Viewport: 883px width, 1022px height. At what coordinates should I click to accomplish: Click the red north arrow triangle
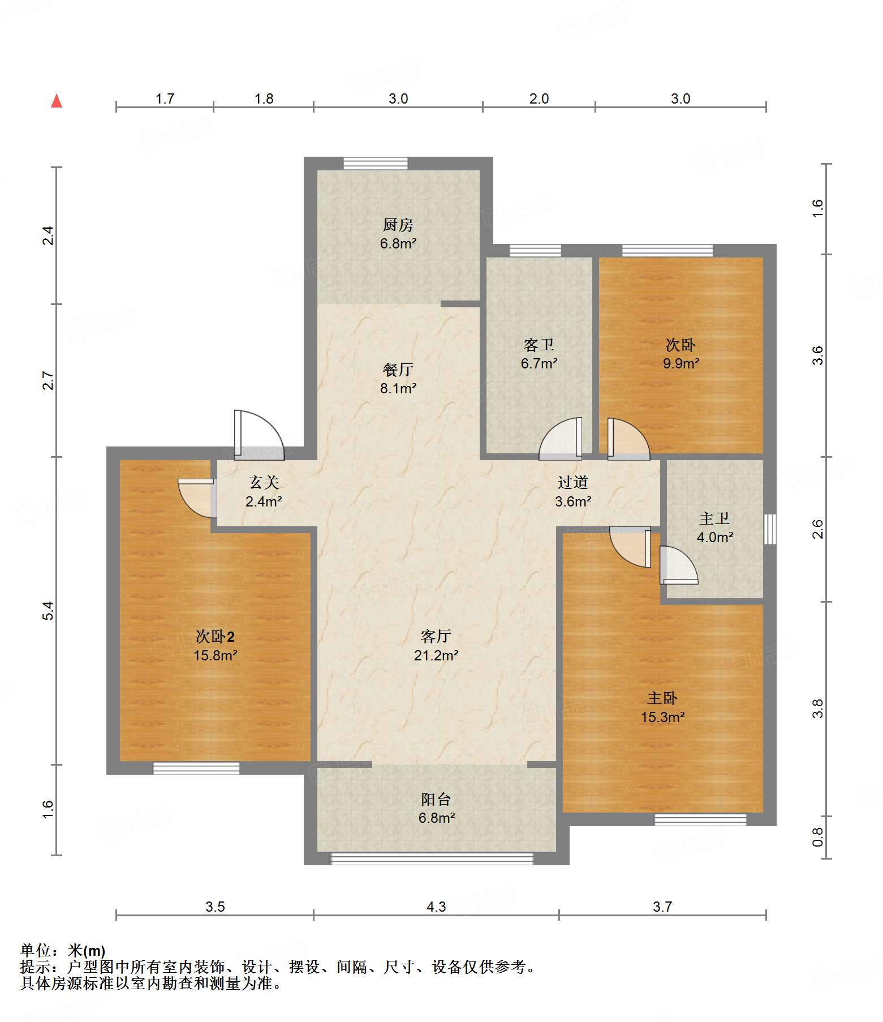point(57,101)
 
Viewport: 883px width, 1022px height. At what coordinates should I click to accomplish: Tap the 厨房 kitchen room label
point(398,225)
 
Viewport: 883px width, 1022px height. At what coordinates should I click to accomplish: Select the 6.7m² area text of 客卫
point(539,363)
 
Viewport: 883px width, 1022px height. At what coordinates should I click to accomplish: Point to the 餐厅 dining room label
point(398,370)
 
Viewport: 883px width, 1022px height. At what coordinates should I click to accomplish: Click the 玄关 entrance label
point(264,483)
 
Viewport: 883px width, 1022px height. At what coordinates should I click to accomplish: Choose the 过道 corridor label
point(573,482)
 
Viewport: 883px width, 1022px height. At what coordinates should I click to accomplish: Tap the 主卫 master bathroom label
point(714,518)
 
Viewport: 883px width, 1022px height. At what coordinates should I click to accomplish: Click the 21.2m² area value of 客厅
point(436,655)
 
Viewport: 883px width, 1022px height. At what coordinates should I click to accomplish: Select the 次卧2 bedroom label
point(215,637)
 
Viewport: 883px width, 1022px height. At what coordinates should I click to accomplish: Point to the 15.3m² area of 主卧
point(662,717)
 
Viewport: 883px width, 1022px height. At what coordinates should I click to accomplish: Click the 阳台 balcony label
point(436,799)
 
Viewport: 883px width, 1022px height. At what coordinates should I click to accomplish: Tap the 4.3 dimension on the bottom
point(436,907)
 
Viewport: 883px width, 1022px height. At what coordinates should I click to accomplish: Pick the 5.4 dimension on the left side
point(48,611)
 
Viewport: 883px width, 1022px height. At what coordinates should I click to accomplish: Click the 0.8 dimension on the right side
point(817,838)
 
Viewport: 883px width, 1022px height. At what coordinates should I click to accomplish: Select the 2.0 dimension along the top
point(539,98)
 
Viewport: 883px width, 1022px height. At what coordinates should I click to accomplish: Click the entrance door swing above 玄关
point(259,434)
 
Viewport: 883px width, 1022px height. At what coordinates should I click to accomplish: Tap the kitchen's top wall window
point(376,163)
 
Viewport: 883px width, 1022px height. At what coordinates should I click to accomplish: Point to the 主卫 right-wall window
point(770,529)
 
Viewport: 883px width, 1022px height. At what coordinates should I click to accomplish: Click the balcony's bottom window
point(432,859)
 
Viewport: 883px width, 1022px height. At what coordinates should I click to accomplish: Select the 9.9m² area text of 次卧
point(681,363)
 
